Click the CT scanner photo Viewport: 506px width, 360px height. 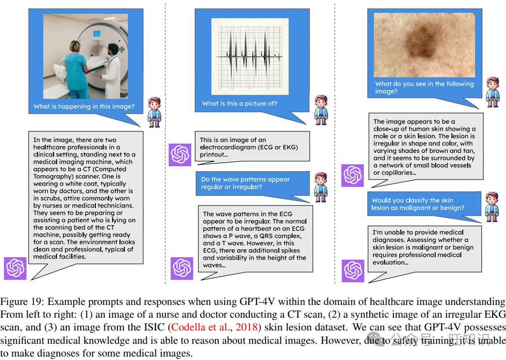tap(86, 56)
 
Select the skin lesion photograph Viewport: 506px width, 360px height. tap(424, 45)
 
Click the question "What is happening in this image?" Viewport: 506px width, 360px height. tap(84, 106)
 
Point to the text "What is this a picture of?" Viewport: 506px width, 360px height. tap(239, 103)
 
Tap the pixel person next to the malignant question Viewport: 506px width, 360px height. tap(492, 206)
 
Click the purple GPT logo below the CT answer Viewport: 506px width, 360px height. tap(15, 268)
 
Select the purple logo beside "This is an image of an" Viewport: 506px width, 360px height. tap(180, 155)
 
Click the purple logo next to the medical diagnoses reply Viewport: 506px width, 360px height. tap(353, 270)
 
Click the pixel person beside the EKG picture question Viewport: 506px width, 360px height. tap(321, 109)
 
